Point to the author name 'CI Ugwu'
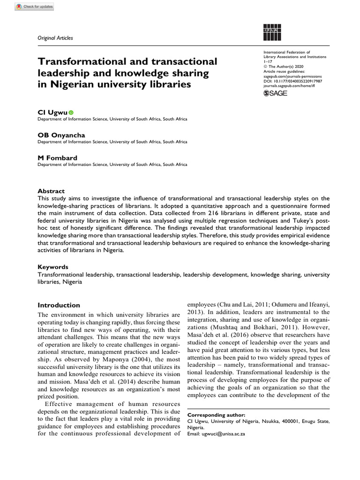coord(52,112)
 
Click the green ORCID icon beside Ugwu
coord(71,112)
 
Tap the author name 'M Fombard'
coord(58,157)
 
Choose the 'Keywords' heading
coord(53,267)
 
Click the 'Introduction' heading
coord(59,305)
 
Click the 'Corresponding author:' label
coord(216,415)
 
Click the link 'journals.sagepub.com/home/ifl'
coord(291,86)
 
